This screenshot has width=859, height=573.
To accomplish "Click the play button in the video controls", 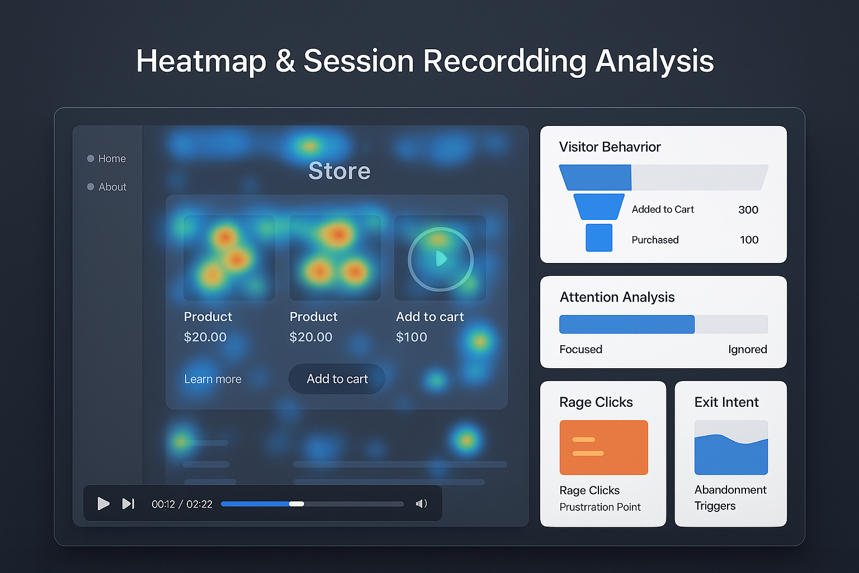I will [x=103, y=504].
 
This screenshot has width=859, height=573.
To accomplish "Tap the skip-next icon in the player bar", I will [x=128, y=504].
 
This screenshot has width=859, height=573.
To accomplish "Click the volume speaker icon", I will [x=421, y=504].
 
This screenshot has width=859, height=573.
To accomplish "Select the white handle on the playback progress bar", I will [x=296, y=504].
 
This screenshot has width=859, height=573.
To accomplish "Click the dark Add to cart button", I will [x=337, y=379].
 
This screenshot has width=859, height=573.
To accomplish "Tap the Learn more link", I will [x=213, y=379].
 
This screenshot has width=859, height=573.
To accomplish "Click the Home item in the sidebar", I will [x=112, y=159].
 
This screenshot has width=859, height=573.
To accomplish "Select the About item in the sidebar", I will [x=112, y=187].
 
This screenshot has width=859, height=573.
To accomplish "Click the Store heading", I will [x=339, y=171].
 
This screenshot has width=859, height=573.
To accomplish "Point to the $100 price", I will [x=412, y=337].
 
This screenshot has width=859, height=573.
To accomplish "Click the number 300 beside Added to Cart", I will [x=748, y=210].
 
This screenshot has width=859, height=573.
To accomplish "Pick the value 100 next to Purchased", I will [x=749, y=240].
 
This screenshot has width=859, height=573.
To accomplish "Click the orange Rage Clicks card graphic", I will [x=603, y=447].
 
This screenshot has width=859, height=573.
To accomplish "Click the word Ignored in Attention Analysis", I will [x=747, y=349].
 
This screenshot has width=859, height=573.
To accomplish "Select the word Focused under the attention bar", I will [x=580, y=349].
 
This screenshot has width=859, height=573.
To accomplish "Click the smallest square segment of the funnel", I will [x=599, y=238].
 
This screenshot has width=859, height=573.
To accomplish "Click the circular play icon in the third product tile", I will [x=441, y=259].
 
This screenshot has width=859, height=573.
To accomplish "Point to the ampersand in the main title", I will [x=285, y=61].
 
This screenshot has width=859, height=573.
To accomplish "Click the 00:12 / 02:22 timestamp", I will [x=182, y=504].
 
